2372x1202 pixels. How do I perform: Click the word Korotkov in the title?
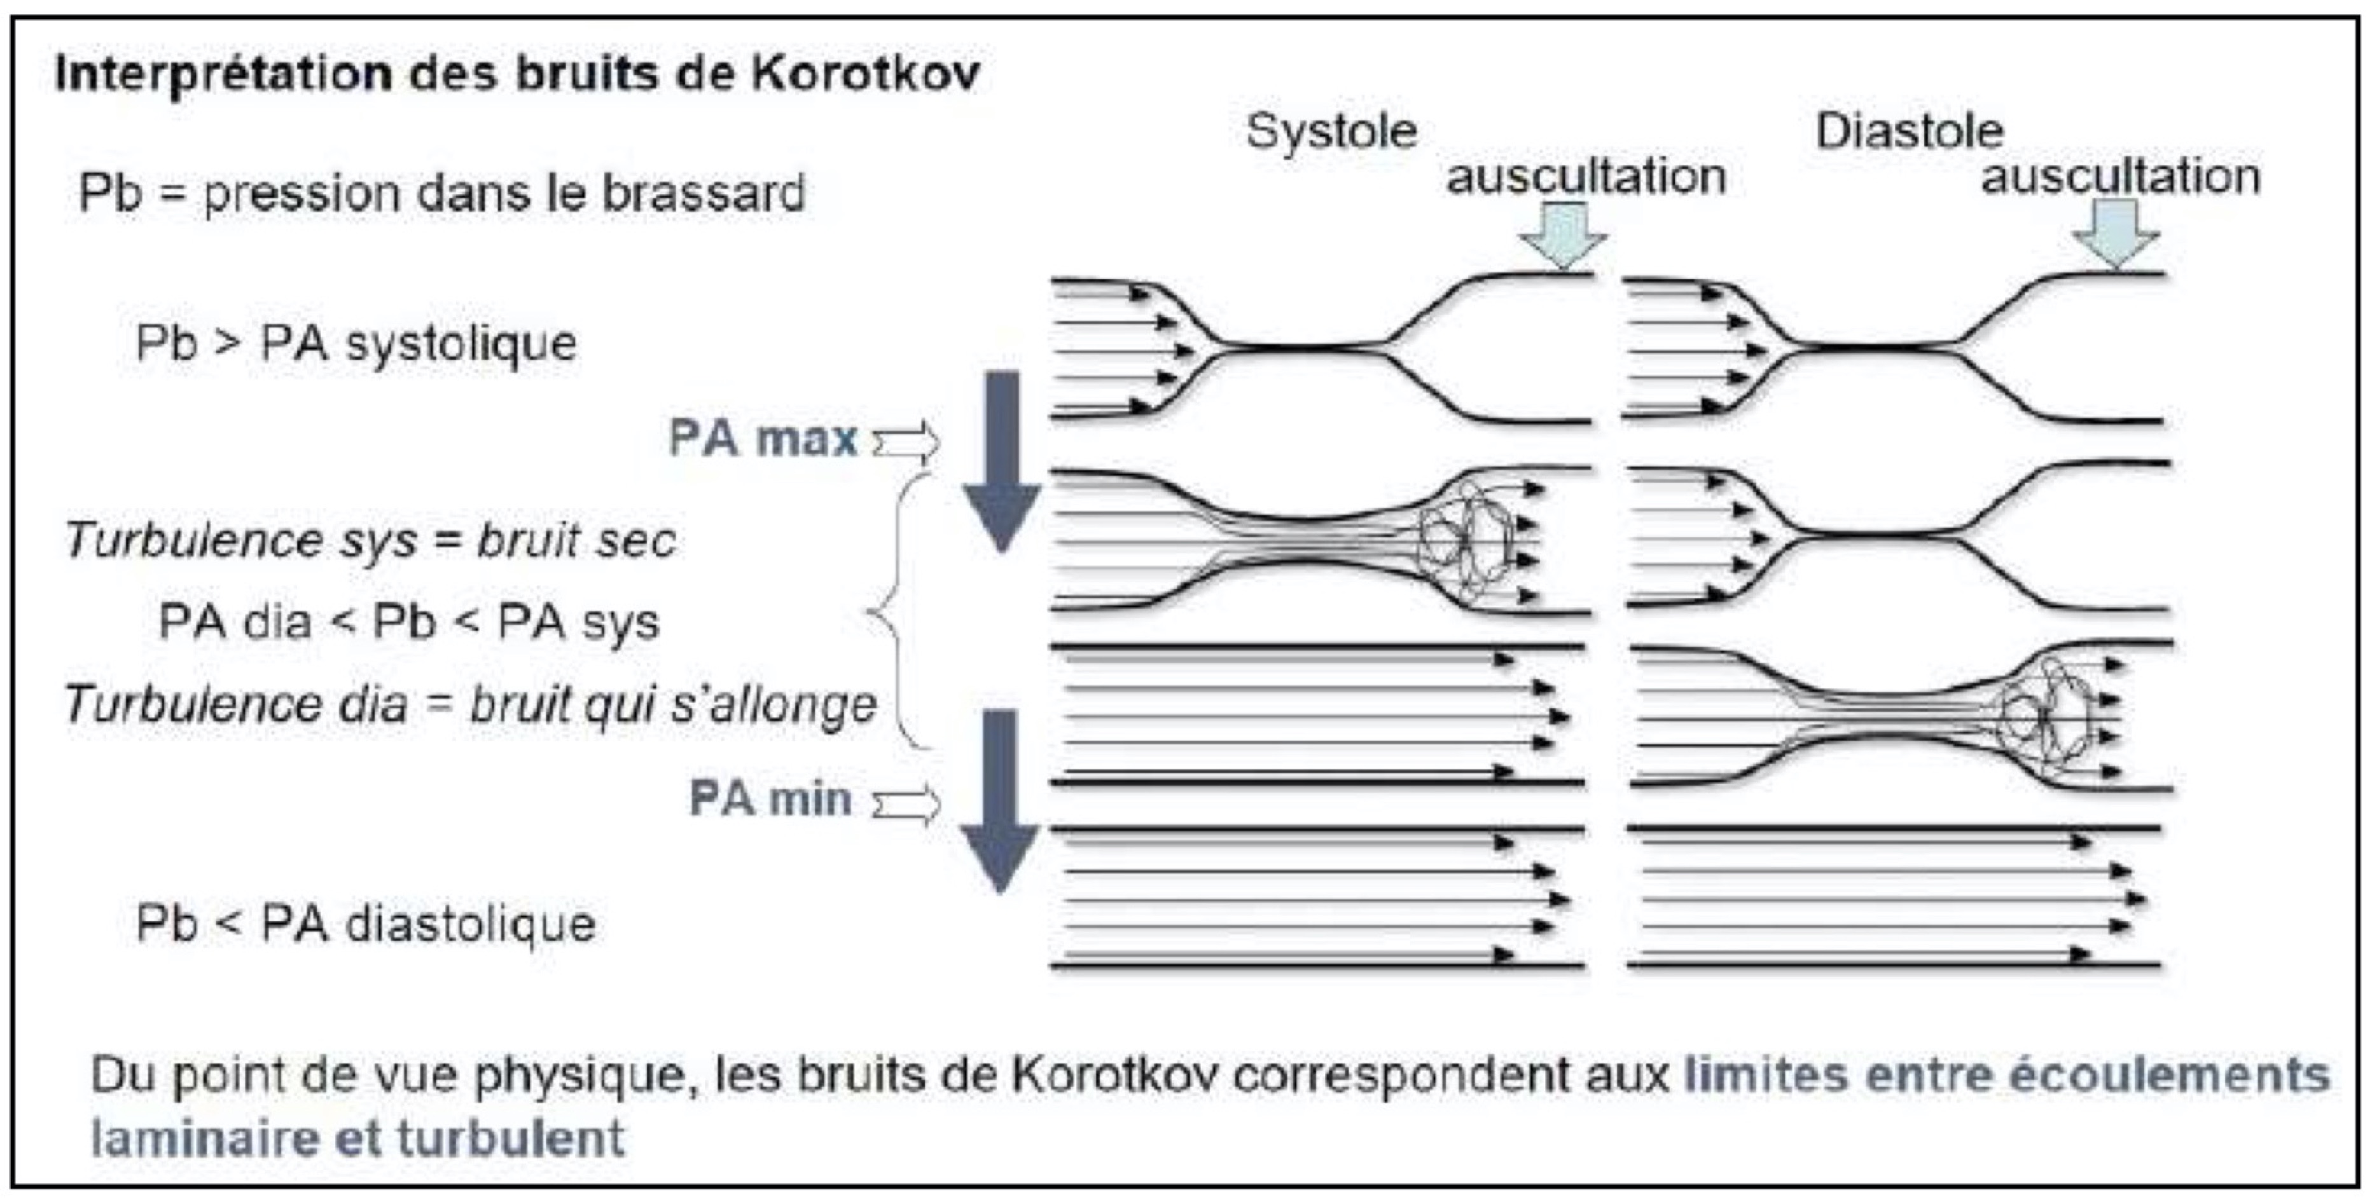(x=866, y=74)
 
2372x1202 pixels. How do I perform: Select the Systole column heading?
(x=1331, y=132)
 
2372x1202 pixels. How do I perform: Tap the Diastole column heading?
(x=1909, y=132)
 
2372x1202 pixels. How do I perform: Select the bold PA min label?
(x=770, y=798)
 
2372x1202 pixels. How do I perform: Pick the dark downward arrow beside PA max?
(x=1002, y=460)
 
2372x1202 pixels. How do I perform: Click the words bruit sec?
(x=576, y=540)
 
